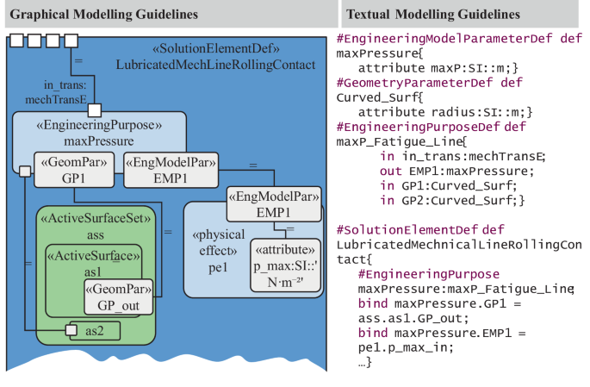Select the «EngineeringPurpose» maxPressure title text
click(x=98, y=134)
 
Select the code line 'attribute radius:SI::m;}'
click(x=437, y=112)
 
